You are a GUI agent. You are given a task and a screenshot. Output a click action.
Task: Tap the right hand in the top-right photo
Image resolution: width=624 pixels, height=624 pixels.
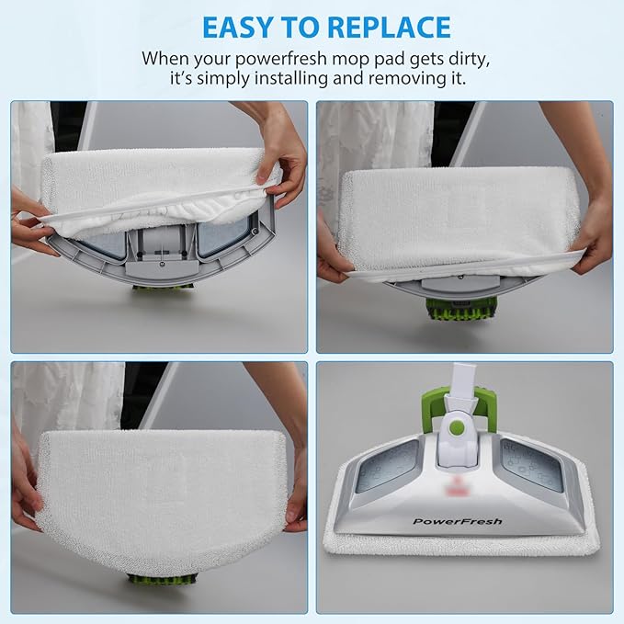click(593, 234)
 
